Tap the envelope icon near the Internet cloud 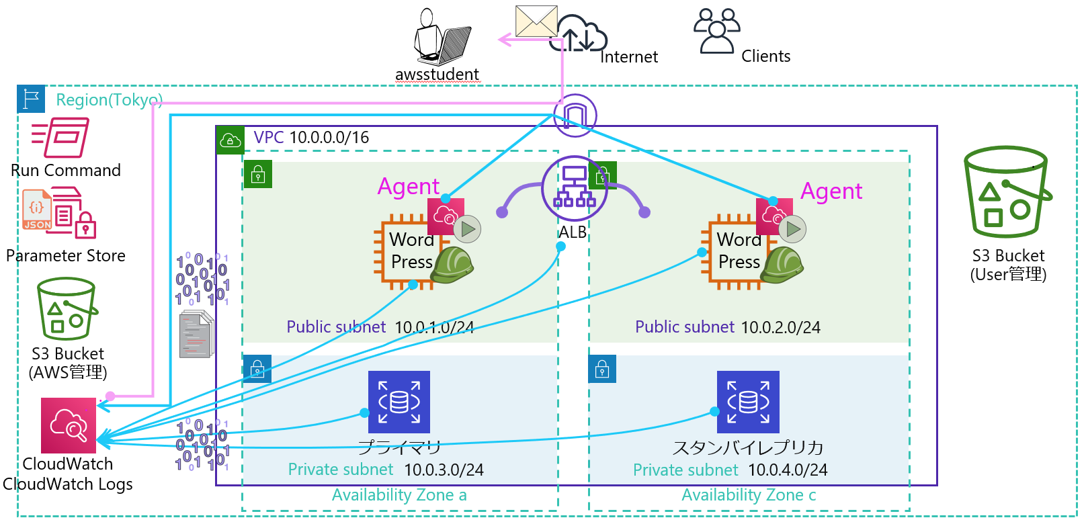(x=536, y=21)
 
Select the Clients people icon (x=716, y=31)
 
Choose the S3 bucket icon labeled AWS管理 (x=67, y=309)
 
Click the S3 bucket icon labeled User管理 (x=1007, y=192)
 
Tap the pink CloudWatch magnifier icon (x=69, y=425)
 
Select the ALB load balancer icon (x=574, y=188)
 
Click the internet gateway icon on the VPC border (x=575, y=116)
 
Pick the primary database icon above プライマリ (x=399, y=402)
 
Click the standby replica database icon (x=748, y=402)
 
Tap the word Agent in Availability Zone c (x=831, y=191)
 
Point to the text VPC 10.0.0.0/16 (x=311, y=138)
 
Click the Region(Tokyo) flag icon (x=31, y=99)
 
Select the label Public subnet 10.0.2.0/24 (x=728, y=327)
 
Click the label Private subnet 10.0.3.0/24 (x=386, y=470)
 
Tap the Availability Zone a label (x=399, y=495)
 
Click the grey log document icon (x=196, y=335)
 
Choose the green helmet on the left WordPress (x=452, y=265)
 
